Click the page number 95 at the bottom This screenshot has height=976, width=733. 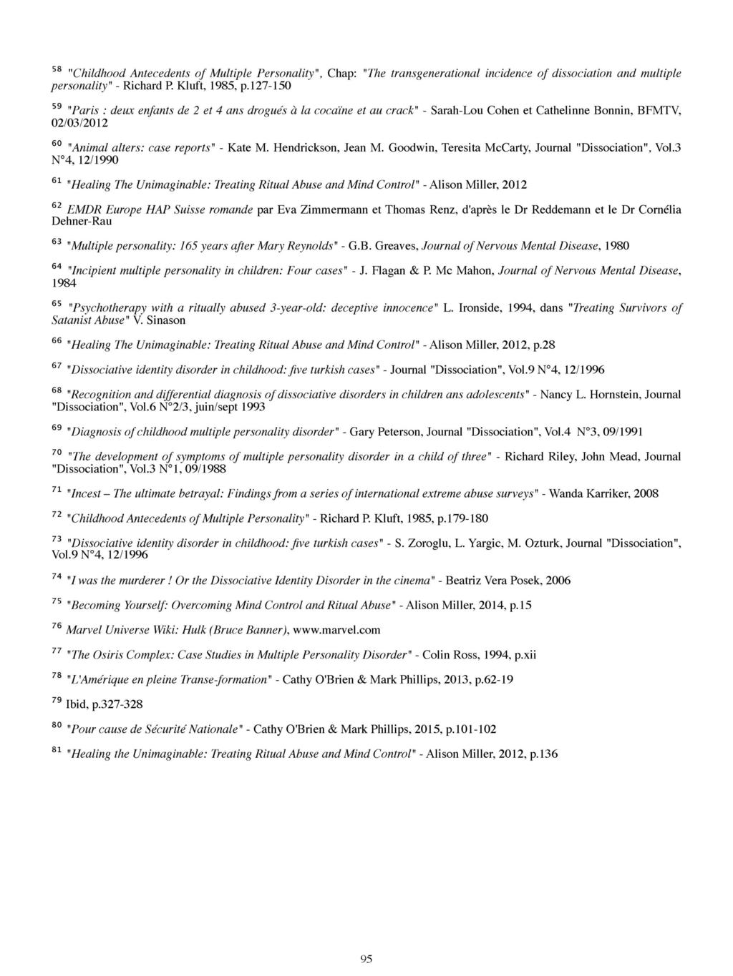tap(366, 960)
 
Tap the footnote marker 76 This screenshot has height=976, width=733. tap(57, 626)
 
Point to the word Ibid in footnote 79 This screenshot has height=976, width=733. tap(76, 704)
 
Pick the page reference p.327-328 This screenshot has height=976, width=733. tap(117, 704)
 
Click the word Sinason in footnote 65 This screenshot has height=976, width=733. tap(165, 320)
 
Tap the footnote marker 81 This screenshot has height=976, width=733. tap(57, 751)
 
